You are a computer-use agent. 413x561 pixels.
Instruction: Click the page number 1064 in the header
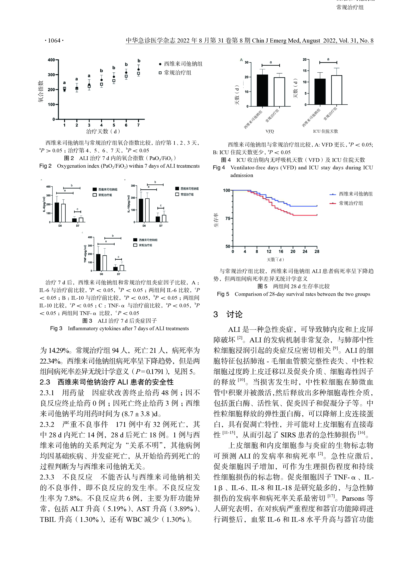click(54, 40)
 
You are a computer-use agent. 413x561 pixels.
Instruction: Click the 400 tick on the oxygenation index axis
click(51, 60)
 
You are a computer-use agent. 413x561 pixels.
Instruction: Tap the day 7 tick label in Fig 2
click(139, 125)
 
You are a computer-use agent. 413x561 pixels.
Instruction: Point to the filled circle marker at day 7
click(139, 69)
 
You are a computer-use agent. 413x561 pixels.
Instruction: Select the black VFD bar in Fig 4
click(262, 90)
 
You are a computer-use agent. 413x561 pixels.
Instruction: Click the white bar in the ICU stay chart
click(337, 90)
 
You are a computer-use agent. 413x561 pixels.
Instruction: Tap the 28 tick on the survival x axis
click(317, 251)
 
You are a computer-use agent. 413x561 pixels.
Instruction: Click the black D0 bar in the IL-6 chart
click(57, 212)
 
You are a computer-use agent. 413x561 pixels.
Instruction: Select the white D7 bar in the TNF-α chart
click(122, 268)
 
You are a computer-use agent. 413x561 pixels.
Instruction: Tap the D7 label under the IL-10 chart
click(161, 226)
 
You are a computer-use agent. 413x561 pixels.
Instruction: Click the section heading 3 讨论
click(228, 314)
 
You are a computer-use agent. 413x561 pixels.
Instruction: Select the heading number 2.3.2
click(47, 424)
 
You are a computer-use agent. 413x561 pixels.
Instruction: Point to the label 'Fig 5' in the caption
click(223, 294)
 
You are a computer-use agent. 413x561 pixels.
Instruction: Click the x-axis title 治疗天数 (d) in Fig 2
click(103, 131)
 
